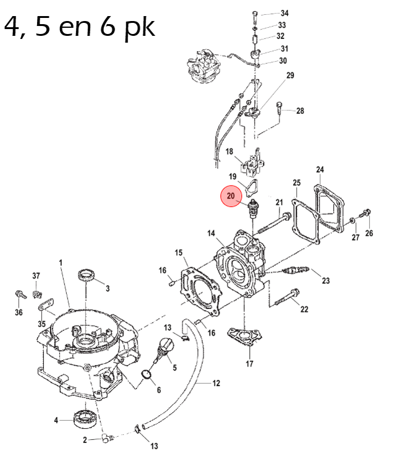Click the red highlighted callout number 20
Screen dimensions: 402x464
(231, 196)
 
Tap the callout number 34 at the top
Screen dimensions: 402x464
(284, 13)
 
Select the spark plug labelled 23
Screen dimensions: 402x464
(296, 270)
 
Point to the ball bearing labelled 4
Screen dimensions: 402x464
(86, 418)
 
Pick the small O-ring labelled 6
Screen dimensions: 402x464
(146, 374)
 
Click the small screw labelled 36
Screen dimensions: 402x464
(20, 294)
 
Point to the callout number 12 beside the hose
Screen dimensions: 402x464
(216, 384)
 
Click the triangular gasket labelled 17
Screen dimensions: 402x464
(245, 336)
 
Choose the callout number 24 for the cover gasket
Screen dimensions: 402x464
(320, 170)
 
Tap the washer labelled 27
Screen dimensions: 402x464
(352, 220)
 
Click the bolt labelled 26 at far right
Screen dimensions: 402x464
(366, 212)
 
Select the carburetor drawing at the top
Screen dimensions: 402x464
(203, 66)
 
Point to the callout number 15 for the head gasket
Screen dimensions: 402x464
(178, 252)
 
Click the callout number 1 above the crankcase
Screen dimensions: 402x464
(61, 263)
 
